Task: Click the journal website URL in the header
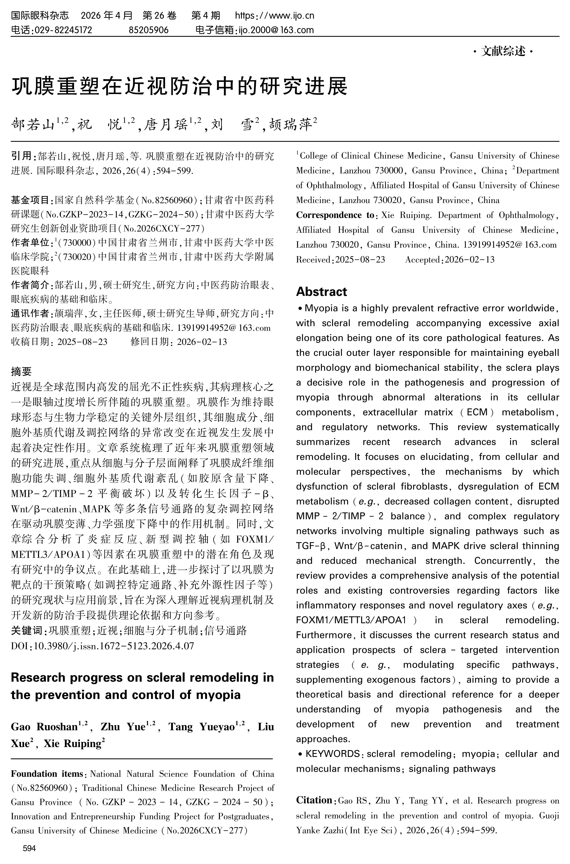coord(275,16)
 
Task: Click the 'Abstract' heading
coord(321,291)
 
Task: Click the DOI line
coord(103,645)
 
